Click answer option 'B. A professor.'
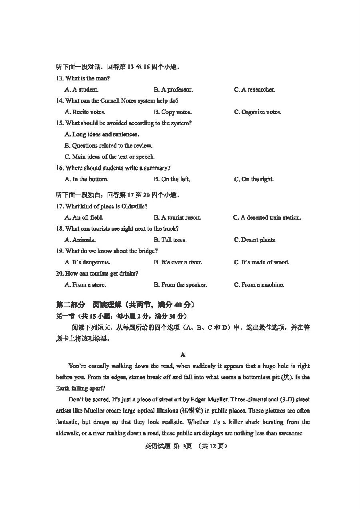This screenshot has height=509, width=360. click(x=173, y=90)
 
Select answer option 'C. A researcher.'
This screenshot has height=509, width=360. click(x=254, y=90)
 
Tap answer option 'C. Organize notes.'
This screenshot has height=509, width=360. click(x=257, y=112)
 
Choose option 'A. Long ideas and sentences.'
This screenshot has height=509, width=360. click(x=102, y=134)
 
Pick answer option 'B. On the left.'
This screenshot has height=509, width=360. click(x=172, y=179)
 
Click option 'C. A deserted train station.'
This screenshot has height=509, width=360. click(x=267, y=218)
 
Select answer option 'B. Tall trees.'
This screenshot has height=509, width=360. click(x=170, y=240)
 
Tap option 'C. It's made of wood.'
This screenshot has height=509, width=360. click(x=261, y=263)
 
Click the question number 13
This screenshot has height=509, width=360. click(x=60, y=78)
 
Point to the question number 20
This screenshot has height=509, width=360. click(x=60, y=274)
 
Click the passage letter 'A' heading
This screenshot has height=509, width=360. click(x=183, y=355)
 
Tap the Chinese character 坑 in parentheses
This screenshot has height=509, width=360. click(x=286, y=377)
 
